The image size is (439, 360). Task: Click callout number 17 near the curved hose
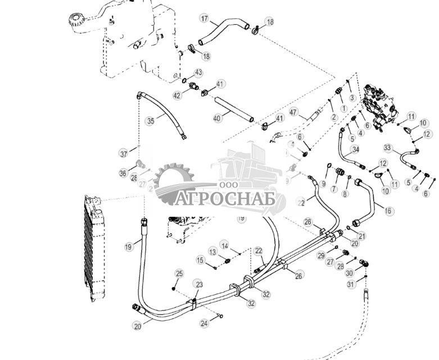point(205,19)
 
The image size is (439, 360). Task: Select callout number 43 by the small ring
point(198,72)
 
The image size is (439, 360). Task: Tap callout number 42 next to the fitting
point(178,95)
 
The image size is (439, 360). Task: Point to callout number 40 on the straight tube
point(217,117)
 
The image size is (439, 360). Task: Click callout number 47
point(293,113)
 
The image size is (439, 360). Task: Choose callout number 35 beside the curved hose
point(150,121)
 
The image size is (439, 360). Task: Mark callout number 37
point(123,153)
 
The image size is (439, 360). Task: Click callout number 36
point(123,174)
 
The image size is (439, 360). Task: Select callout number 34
point(355,149)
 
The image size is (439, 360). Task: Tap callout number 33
point(388,148)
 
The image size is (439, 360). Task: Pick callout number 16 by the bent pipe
point(389,210)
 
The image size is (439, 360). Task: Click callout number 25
point(179,274)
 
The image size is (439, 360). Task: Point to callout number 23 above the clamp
point(198,284)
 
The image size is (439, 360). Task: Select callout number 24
point(205,323)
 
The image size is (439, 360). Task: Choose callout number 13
point(213,251)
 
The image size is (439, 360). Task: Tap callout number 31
point(351,284)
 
